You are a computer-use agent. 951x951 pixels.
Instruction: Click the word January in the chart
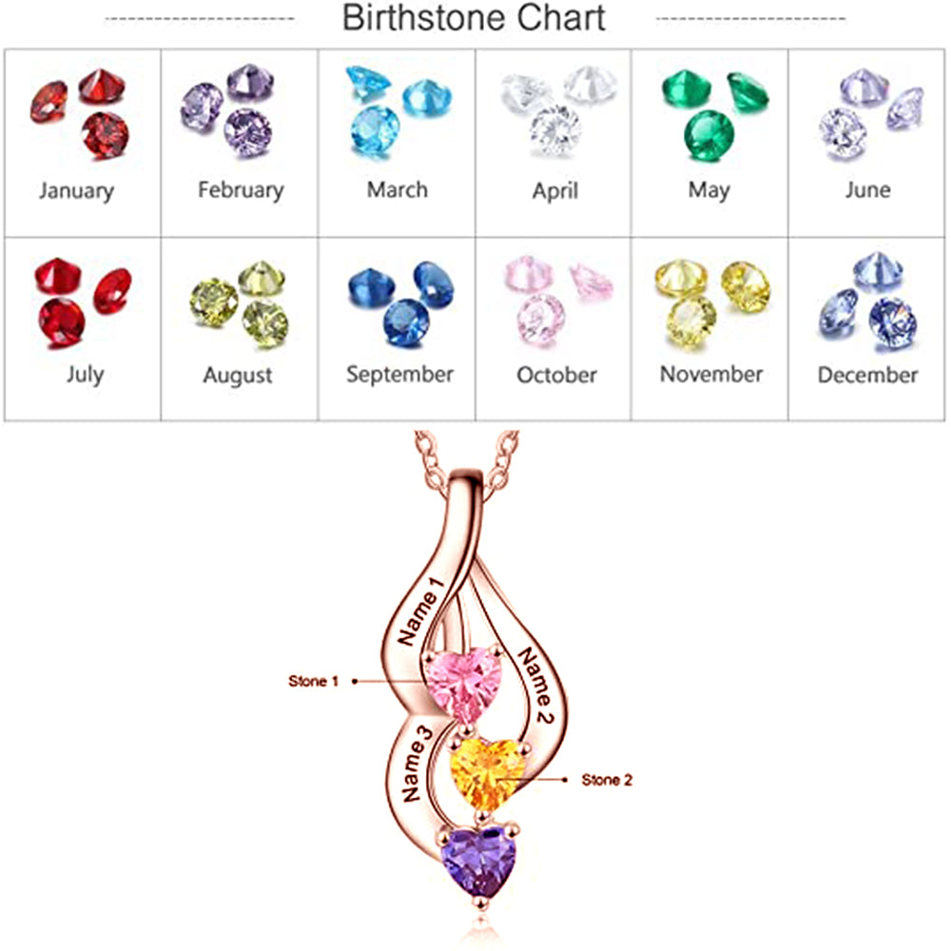point(76,190)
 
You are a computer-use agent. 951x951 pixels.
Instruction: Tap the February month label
point(241,189)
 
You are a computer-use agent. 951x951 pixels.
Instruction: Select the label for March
point(398,189)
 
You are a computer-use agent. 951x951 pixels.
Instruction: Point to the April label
point(555,190)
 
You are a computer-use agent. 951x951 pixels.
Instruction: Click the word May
point(709,189)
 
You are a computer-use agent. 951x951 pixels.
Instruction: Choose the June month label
point(867,189)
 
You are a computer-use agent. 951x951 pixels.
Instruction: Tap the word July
point(85,374)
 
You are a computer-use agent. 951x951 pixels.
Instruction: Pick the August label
point(238,375)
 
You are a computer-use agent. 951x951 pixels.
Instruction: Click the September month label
point(399,374)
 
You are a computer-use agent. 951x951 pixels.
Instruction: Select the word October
point(556,375)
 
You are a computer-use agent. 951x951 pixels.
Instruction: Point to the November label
point(711,374)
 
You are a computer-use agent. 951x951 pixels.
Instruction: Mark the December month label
point(867,374)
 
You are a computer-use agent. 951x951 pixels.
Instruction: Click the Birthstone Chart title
point(474,18)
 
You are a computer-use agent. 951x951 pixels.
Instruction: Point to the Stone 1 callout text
point(313,681)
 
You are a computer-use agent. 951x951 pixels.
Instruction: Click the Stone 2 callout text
point(607,780)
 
